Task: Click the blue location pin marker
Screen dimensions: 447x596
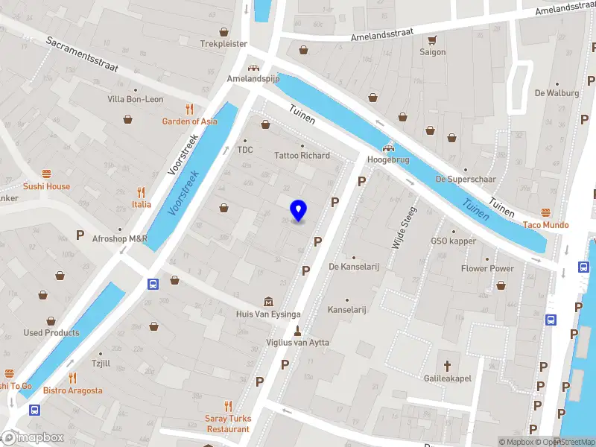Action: click(x=298, y=211)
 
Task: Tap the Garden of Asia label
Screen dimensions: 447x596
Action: click(x=190, y=121)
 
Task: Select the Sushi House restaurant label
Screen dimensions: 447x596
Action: click(x=47, y=186)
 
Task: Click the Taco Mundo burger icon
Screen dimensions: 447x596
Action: click(x=545, y=212)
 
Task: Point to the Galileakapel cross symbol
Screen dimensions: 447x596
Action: click(x=447, y=366)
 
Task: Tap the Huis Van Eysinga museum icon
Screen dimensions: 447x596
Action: click(x=268, y=302)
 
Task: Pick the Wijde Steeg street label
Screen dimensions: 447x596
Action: click(x=403, y=227)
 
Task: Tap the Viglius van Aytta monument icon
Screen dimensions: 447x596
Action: click(x=297, y=330)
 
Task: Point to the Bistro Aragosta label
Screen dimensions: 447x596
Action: click(x=72, y=390)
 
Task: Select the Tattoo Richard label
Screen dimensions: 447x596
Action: click(x=302, y=156)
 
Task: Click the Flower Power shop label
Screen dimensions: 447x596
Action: click(x=487, y=269)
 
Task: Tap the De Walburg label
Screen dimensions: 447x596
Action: click(x=557, y=93)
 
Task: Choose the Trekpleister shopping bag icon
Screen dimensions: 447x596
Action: click(x=223, y=32)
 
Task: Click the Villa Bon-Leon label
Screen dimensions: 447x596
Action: click(x=135, y=99)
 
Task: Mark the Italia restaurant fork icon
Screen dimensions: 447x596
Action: click(x=142, y=192)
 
